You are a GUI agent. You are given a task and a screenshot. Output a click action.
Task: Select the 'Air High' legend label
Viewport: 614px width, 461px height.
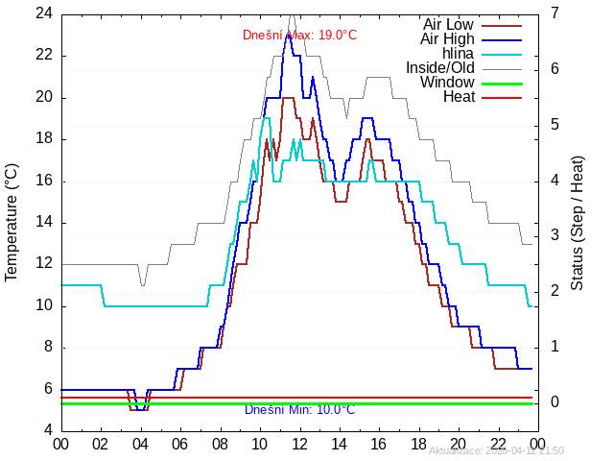coord(446,38)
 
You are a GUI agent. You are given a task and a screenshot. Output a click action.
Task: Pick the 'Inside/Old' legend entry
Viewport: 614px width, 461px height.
coord(439,67)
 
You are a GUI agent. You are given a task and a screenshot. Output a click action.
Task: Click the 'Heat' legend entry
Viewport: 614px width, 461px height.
coord(459,96)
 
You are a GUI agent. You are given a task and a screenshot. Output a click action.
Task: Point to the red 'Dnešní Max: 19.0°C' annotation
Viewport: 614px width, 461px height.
coord(299,36)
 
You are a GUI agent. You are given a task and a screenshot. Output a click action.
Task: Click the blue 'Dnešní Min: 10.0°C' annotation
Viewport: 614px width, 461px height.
coord(299,410)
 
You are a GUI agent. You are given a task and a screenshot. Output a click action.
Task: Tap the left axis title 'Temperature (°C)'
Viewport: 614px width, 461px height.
coord(12,222)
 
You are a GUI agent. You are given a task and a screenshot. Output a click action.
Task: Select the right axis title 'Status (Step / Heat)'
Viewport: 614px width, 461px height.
coord(578,222)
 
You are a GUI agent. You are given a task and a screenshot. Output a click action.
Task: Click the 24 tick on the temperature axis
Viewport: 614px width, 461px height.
coord(44,13)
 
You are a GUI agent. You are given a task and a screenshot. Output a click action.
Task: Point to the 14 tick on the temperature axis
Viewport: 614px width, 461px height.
coord(44,222)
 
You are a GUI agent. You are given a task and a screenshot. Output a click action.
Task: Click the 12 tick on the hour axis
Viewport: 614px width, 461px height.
coord(299,443)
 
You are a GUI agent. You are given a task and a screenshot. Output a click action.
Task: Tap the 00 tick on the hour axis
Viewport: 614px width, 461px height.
coord(60,443)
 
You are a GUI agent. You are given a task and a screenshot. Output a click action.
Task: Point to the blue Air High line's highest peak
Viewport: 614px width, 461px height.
coord(287,36)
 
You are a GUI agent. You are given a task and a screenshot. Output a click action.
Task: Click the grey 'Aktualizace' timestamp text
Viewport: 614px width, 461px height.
coord(496,450)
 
